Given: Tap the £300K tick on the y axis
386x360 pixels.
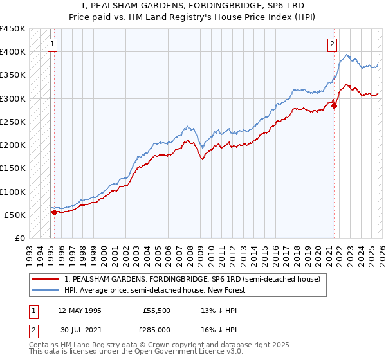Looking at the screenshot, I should [x=13, y=98].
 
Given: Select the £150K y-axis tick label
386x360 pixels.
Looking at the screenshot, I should [x=13, y=168].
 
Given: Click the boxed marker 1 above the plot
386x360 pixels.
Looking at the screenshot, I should [x=51, y=44].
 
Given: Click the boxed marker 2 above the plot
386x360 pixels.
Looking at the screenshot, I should [x=332, y=44].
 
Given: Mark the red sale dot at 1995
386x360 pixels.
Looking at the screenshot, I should [x=53, y=212].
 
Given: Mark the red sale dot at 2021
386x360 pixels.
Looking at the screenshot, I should [x=335, y=105].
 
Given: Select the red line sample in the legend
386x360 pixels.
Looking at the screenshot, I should [x=46, y=279].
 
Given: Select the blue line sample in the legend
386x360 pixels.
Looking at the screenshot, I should [x=46, y=290].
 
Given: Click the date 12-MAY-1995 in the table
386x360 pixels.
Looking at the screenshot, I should [x=79, y=310].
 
